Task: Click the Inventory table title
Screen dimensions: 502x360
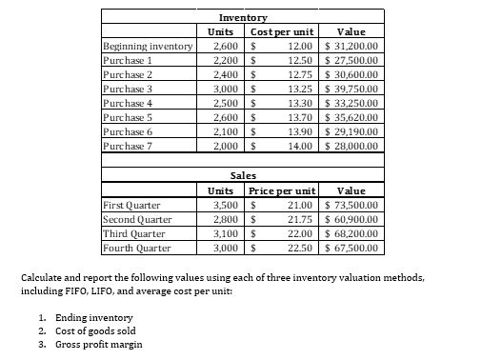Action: [242, 18]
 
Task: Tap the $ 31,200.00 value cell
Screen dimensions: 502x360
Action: [352, 46]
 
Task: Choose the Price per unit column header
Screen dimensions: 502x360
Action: [282, 190]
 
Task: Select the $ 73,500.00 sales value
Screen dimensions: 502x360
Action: [352, 204]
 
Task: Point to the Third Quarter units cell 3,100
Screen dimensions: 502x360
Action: [228, 233]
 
